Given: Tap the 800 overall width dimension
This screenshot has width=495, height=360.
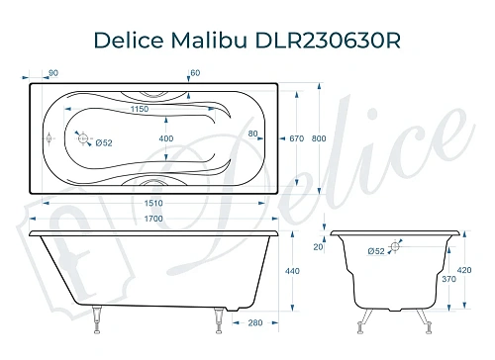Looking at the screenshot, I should coord(318,138).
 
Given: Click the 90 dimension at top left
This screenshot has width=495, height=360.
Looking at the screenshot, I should coord(52,72).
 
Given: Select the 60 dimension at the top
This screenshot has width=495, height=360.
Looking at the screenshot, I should coord(195,72).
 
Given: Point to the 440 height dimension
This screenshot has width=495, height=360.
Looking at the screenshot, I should coord(293,270).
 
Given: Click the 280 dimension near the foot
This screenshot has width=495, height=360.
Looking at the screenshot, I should coord(255,322).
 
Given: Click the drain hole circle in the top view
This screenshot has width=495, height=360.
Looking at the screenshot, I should coord(84,138).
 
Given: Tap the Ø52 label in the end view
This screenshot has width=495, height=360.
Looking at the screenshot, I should coord(375,251).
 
